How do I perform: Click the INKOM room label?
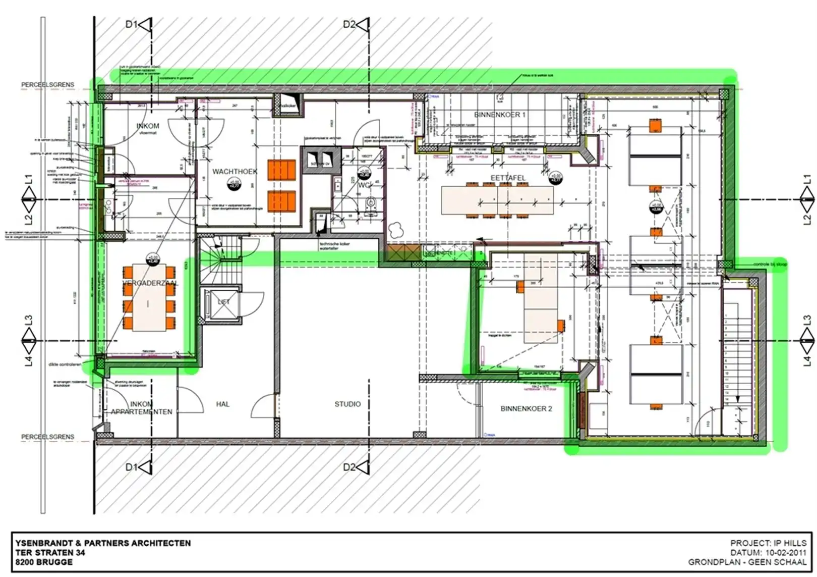tap(148, 126)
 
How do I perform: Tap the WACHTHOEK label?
tap(235, 172)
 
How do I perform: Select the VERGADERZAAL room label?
tap(150, 284)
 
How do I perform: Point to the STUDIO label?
tap(347, 404)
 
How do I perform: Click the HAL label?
tap(222, 404)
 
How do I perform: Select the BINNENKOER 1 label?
tap(499, 115)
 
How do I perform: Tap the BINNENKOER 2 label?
tap(526, 408)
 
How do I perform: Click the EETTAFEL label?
tap(508, 178)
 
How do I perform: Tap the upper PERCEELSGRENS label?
tap(47, 85)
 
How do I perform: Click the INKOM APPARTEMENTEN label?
tap(141, 408)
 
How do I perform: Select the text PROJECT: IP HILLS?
tap(768, 543)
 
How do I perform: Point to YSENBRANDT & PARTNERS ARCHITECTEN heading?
tap(103, 543)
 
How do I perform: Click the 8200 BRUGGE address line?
tap(43, 562)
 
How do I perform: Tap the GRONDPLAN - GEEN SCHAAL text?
tap(747, 562)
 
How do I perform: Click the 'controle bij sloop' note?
tap(770, 265)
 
